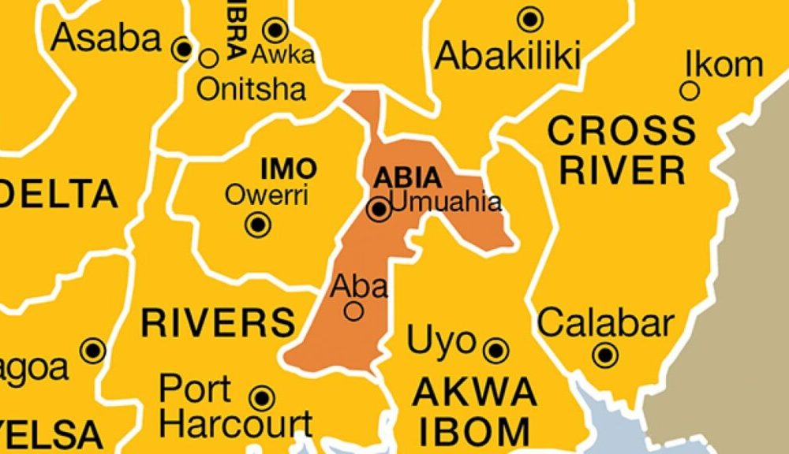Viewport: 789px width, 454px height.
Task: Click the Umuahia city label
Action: point(446,202)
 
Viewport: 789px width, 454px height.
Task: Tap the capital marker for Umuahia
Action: point(380,210)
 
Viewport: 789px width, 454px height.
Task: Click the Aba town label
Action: point(360,286)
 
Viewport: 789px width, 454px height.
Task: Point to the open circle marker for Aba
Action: point(354,311)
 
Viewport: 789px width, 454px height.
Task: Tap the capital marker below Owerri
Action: point(258,225)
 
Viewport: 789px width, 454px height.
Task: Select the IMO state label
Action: point(288,168)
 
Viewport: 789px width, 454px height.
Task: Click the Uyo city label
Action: point(442,342)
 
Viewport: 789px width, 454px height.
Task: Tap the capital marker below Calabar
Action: point(605,355)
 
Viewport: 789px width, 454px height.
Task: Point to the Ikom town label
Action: point(724,64)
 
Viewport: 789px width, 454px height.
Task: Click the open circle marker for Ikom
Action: point(690,91)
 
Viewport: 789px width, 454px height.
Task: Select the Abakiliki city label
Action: point(508,55)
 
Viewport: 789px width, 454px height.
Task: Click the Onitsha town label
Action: point(251,88)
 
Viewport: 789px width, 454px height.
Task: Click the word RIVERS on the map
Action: point(218,322)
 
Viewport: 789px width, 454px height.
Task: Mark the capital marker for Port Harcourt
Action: point(262,397)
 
